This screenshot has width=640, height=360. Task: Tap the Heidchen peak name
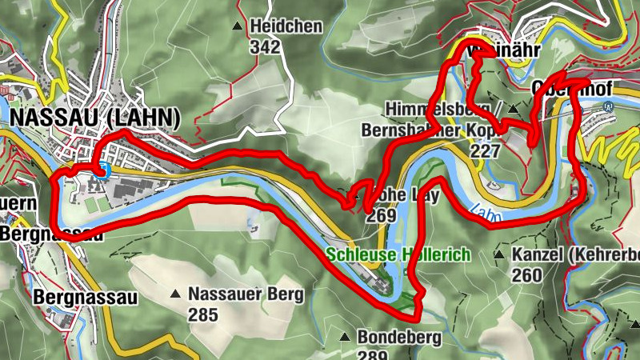click(x=286, y=27)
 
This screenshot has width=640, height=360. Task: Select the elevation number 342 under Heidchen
click(x=265, y=47)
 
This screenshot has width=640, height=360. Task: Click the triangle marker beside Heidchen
click(x=237, y=26)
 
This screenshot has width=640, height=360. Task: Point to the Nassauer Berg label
click(x=246, y=294)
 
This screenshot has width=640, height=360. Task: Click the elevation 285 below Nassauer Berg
click(x=203, y=314)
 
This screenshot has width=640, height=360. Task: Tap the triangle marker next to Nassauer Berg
click(x=175, y=294)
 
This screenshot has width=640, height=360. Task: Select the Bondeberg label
click(x=398, y=337)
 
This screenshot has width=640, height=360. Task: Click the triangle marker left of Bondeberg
click(x=345, y=337)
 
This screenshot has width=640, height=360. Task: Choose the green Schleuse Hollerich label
click(x=398, y=254)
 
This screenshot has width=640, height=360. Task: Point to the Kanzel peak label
click(x=574, y=255)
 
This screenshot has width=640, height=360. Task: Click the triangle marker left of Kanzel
click(x=499, y=255)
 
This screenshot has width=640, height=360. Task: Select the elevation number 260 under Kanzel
click(x=527, y=275)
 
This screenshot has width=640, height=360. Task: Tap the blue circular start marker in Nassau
click(x=102, y=168)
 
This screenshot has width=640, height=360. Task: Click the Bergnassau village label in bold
click(x=84, y=298)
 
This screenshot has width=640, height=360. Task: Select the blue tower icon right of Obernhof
click(x=609, y=104)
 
